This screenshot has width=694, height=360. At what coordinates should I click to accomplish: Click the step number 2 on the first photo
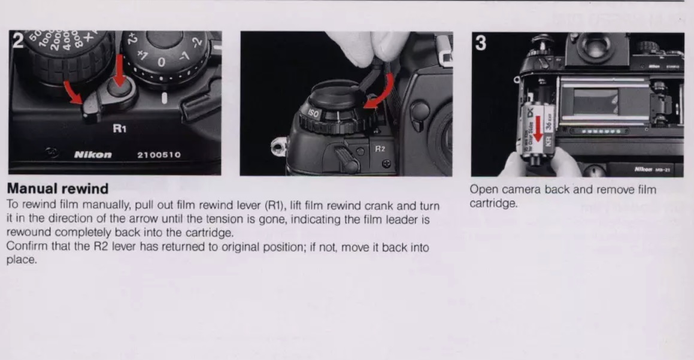click(x=18, y=41)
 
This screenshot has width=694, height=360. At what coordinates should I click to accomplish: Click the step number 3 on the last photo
click(x=481, y=43)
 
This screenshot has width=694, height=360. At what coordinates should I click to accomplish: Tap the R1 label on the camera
click(x=120, y=128)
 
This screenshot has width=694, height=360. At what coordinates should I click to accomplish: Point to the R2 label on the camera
click(x=380, y=149)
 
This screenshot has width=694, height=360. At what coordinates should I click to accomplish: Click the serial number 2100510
click(x=159, y=155)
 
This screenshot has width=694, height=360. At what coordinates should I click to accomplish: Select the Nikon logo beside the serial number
click(x=93, y=155)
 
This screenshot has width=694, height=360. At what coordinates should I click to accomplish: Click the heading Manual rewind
click(x=57, y=189)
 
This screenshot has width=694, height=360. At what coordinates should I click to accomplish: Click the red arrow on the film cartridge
click(x=537, y=128)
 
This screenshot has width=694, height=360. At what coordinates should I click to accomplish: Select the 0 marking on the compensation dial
click(x=162, y=62)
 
